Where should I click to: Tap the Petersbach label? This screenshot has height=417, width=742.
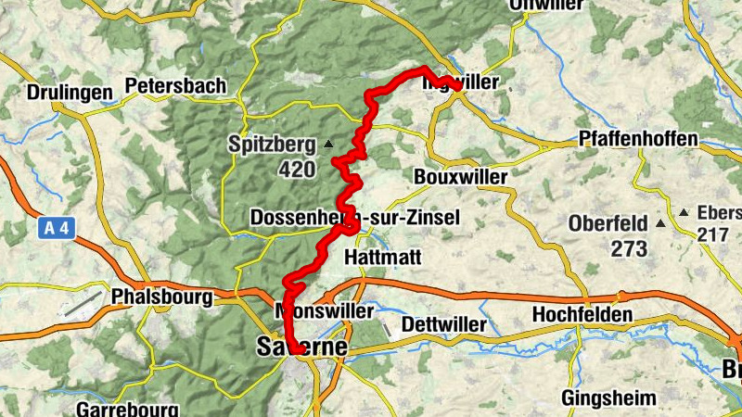click(x=175, y=85)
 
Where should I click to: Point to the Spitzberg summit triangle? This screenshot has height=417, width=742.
click(x=327, y=145)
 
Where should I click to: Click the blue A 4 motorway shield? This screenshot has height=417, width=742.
click(x=56, y=228)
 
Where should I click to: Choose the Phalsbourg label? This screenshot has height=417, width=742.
click(x=160, y=298)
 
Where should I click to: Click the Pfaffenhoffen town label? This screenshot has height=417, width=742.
click(x=638, y=139)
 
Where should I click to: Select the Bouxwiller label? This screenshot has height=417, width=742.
click(x=461, y=176)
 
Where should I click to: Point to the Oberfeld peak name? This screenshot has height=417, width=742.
click(x=608, y=224)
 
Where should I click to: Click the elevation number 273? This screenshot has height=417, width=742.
click(x=630, y=248)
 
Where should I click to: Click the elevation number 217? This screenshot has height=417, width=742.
click(x=713, y=234)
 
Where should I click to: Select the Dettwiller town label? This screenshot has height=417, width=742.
click(x=443, y=324)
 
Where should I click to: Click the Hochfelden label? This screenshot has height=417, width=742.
click(x=582, y=315)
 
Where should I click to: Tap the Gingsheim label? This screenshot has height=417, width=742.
click(x=608, y=398)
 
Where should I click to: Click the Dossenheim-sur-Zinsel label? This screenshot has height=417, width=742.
click(x=354, y=217)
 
